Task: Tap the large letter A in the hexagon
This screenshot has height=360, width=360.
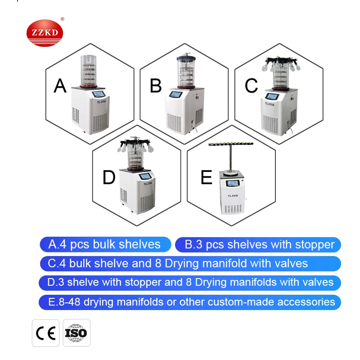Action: (x=60, y=85)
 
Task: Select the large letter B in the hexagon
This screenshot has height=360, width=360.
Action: (x=156, y=85)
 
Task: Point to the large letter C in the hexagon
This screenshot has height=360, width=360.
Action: (x=251, y=85)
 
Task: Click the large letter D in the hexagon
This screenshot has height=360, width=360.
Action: (x=109, y=177)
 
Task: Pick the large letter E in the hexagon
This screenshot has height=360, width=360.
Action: (x=206, y=177)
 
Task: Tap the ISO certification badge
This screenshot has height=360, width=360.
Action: (x=76, y=333)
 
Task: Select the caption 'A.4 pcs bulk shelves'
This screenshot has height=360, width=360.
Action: (x=105, y=244)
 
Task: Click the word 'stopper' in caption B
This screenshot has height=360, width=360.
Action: (x=315, y=245)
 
